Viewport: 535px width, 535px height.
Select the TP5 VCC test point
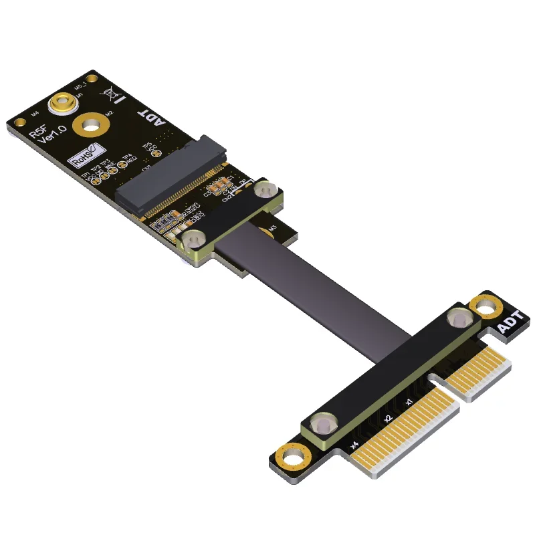tap(155, 153)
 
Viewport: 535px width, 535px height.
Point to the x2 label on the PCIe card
tap(386, 419)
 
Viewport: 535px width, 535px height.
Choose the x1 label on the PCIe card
tap(409, 402)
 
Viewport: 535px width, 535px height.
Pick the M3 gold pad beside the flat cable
tap(272, 230)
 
